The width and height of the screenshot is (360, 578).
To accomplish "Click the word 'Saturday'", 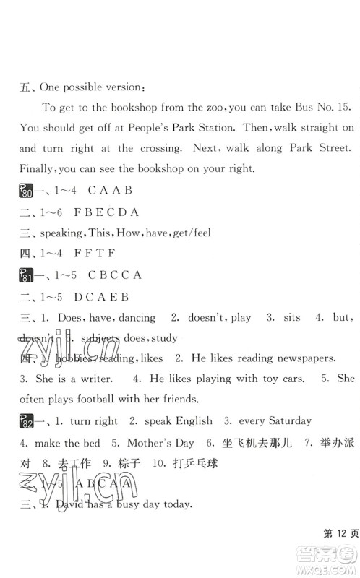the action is point(286,420).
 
